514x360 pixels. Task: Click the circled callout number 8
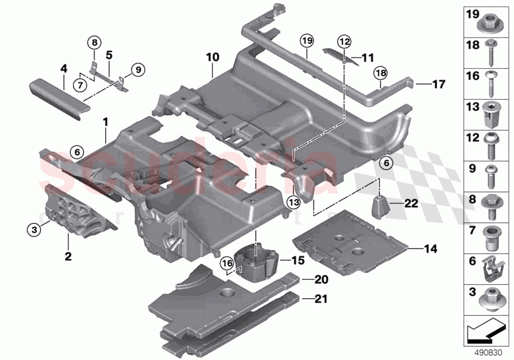coord(95,43)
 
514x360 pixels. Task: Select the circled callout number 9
coord(138,70)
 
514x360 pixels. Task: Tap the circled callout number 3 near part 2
coord(34,229)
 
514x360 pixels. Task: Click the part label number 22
coord(411,203)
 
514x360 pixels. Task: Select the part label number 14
coord(430,249)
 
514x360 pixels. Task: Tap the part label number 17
coord(438,84)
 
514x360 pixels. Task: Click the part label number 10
coord(212,58)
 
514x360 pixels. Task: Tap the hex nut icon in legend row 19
coord(491,22)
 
